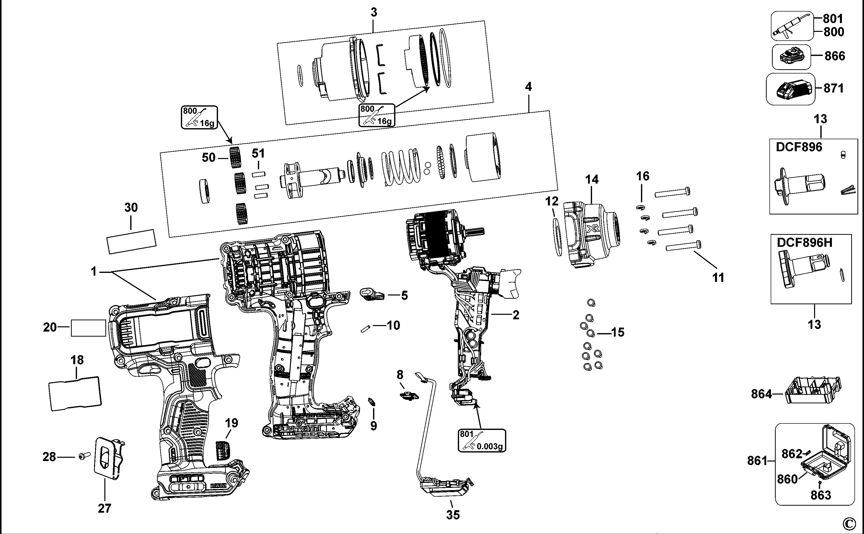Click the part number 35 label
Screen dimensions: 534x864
click(x=453, y=515)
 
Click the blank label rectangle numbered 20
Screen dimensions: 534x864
click(x=88, y=328)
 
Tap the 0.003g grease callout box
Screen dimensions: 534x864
click(x=482, y=440)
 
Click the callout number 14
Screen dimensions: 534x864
click(x=592, y=180)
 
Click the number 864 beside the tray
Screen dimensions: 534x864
click(x=761, y=394)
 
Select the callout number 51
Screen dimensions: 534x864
click(x=258, y=154)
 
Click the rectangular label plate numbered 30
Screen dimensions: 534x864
click(x=131, y=242)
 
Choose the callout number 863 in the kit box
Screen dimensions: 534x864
click(x=821, y=496)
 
